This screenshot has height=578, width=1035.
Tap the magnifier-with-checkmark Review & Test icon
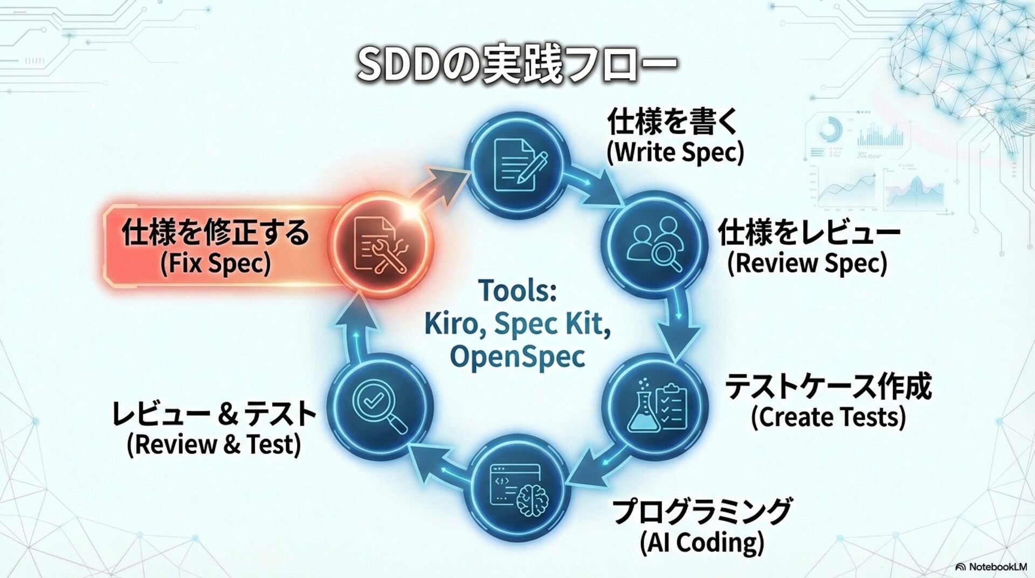[x=381, y=407]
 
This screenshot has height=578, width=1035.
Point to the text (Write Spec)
[x=675, y=153]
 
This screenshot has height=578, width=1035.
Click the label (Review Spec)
[x=806, y=264]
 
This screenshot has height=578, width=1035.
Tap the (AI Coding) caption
[x=701, y=542]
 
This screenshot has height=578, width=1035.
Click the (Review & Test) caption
[x=213, y=444]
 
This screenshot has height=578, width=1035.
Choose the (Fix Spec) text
[x=215, y=264]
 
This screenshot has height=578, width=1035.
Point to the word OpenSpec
[x=517, y=356]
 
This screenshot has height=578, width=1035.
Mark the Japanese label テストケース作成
[x=828, y=388]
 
